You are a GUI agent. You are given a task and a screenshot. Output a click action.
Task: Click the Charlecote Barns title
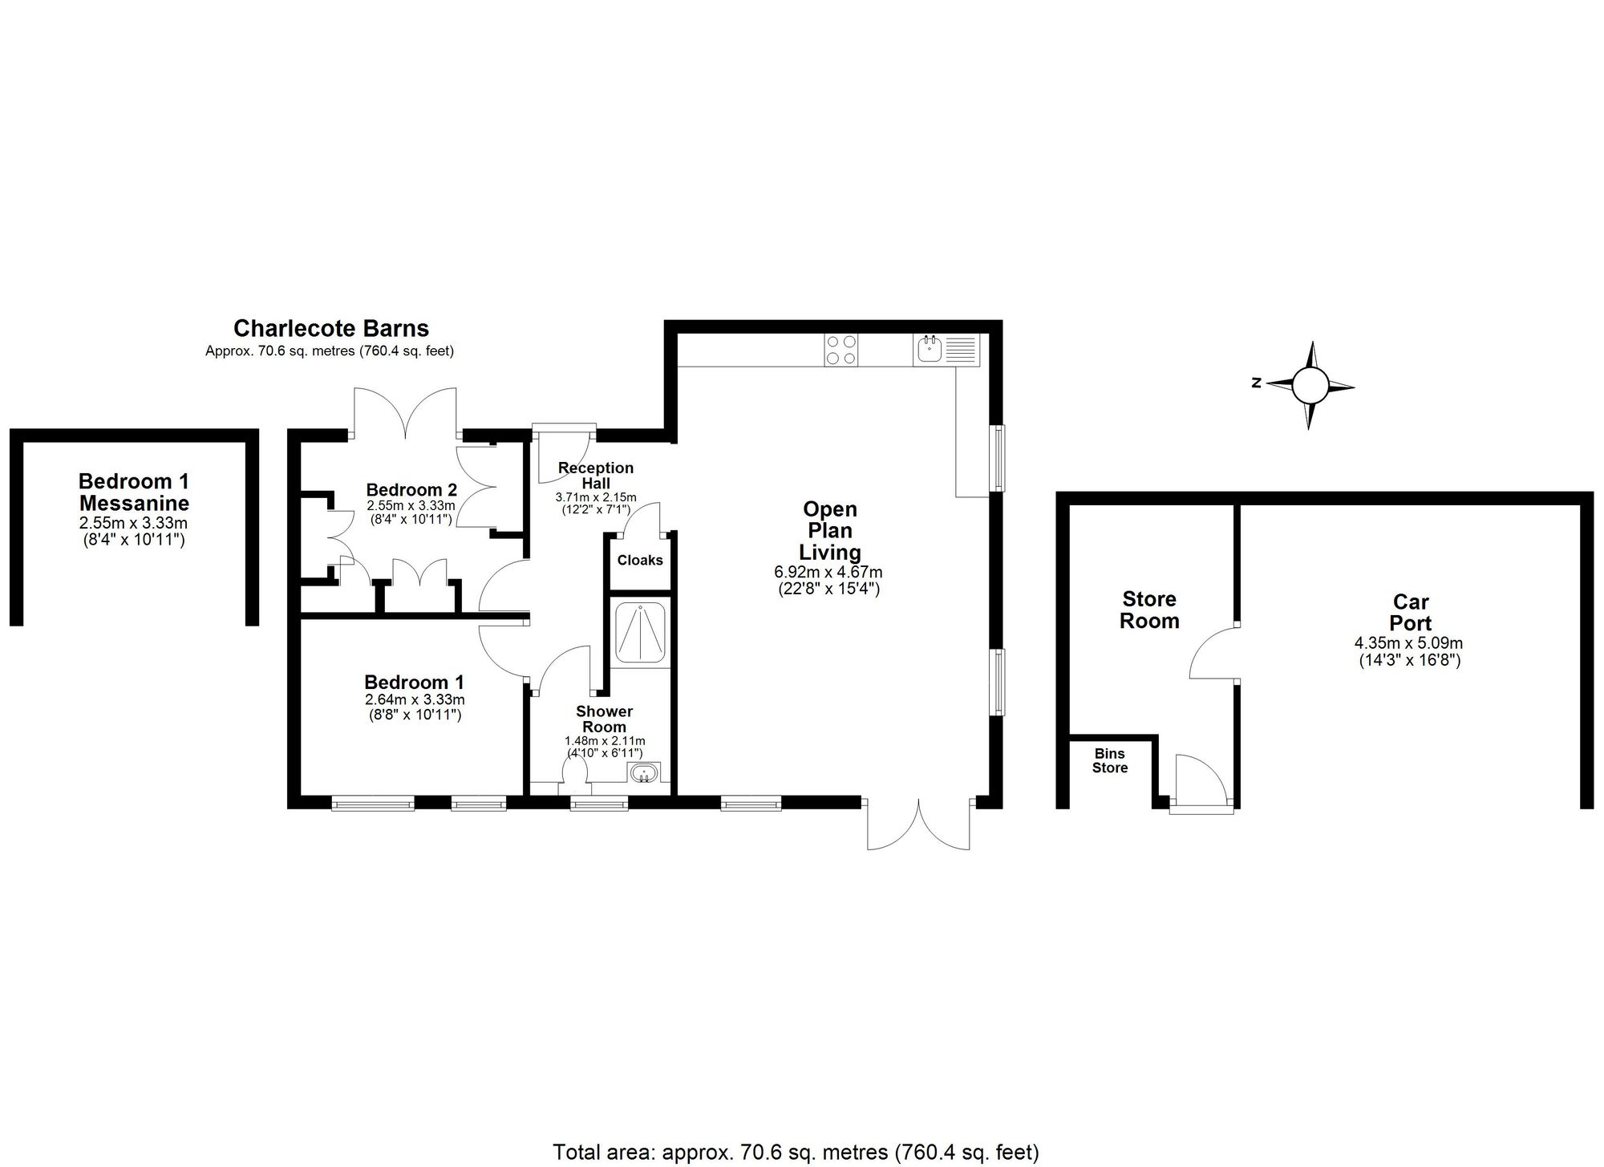point(330,328)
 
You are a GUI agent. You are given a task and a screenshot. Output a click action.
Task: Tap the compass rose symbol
point(1310,386)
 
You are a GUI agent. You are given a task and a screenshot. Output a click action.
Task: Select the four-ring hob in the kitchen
point(840,350)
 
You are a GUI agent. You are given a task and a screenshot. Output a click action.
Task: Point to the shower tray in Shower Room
point(640,632)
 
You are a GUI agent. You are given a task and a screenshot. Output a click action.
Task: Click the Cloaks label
point(640,560)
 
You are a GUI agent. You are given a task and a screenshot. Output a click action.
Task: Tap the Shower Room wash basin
point(644,774)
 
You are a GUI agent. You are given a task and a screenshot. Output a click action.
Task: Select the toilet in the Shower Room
point(575,775)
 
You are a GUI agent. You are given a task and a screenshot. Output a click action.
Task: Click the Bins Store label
point(1109,760)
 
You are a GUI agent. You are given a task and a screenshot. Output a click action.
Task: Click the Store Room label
point(1149,610)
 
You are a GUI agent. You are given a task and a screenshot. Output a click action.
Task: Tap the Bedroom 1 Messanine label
point(134,492)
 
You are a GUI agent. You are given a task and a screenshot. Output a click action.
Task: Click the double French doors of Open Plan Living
point(919,825)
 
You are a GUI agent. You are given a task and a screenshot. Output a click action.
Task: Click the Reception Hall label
point(596,475)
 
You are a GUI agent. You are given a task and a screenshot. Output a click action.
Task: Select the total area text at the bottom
point(796,1153)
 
